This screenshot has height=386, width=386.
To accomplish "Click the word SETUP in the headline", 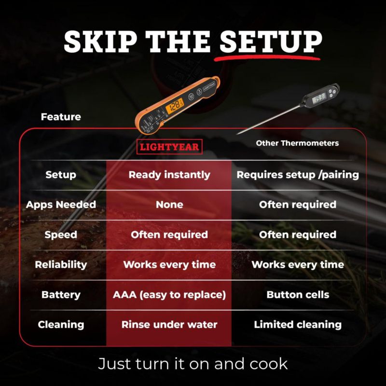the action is (271, 41).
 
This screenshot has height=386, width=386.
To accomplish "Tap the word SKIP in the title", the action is (100, 41).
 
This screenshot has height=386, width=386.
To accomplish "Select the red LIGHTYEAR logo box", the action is (169, 147).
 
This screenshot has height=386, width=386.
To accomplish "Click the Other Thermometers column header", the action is (297, 143).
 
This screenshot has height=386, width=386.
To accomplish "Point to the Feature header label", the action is (61, 117).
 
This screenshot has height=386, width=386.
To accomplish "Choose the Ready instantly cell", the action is (169, 175).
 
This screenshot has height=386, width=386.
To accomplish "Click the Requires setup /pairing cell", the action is (298, 175).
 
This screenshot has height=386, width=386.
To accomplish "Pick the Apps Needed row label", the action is (61, 205).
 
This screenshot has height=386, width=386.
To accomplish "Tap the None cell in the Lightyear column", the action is (169, 205).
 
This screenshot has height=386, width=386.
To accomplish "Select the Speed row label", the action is (61, 235).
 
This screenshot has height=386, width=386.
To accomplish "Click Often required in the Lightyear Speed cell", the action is (169, 234).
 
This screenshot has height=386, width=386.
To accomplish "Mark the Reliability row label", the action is (61, 264).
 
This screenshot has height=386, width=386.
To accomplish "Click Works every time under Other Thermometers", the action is (298, 264).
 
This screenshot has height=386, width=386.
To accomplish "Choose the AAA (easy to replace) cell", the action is (169, 295).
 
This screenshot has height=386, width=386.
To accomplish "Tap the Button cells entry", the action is (298, 295).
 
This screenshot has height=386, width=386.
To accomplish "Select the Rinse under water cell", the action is (169, 324).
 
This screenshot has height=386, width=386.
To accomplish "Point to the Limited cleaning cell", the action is (298, 325).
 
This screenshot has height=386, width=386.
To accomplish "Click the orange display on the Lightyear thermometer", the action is (175, 106).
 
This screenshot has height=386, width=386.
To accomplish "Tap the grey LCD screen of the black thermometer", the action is (319, 98).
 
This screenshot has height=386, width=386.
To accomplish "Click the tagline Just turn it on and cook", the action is (193, 364).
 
